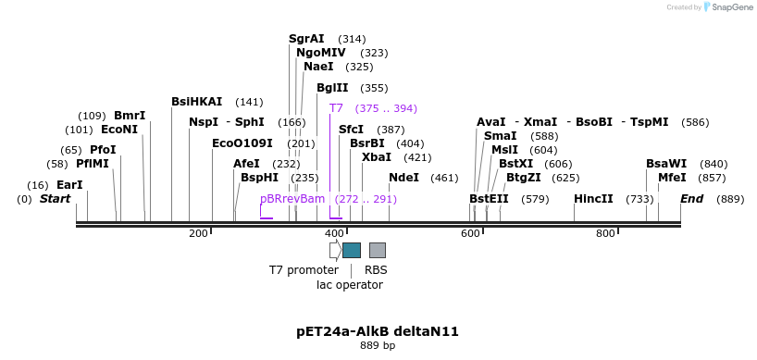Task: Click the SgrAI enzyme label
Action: click(x=306, y=39)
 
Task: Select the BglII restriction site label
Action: click(x=332, y=88)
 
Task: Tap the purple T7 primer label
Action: click(x=336, y=108)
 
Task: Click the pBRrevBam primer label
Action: click(x=292, y=199)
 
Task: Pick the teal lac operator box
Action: click(x=352, y=250)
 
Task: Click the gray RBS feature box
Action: click(x=378, y=250)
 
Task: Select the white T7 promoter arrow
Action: click(x=335, y=250)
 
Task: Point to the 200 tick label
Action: click(x=198, y=233)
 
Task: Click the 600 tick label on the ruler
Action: click(x=469, y=233)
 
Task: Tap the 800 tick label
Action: click(x=605, y=233)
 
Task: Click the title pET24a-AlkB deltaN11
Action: click(x=378, y=331)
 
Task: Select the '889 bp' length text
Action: click(x=378, y=346)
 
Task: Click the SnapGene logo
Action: click(x=725, y=7)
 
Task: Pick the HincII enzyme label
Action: click(x=593, y=199)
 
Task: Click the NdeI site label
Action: click(x=403, y=178)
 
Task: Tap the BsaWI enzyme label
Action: click(x=666, y=164)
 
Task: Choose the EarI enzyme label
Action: click(x=69, y=185)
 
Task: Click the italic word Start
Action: click(x=55, y=199)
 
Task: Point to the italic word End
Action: click(x=692, y=199)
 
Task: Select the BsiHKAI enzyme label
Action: click(x=197, y=102)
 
